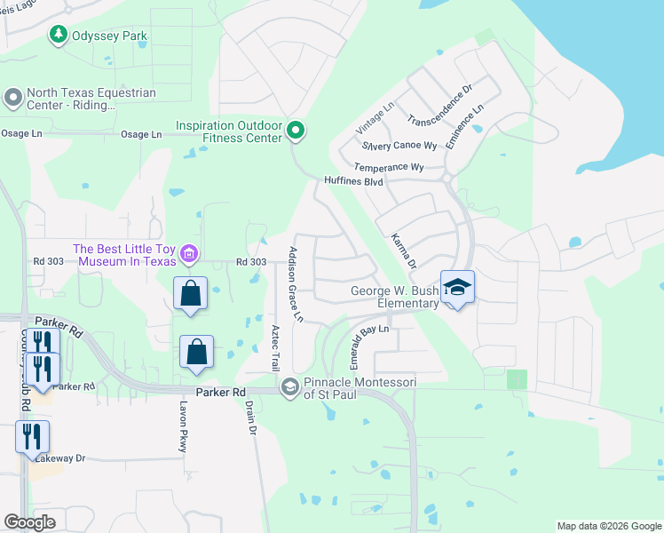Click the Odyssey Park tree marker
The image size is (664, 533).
(58, 36)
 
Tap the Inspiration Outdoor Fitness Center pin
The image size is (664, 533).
(296, 132)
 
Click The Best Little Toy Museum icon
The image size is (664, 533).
(188, 255)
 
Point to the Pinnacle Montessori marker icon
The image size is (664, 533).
(289, 387)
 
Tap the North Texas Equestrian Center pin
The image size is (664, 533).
(13, 98)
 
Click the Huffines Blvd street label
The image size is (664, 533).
(353, 182)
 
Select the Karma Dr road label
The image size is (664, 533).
(404, 251)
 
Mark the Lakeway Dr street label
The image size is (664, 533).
(60, 458)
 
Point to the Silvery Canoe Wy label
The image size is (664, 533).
(399, 145)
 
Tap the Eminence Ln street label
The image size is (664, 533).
(465, 127)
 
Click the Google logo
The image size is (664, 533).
(29, 522)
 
